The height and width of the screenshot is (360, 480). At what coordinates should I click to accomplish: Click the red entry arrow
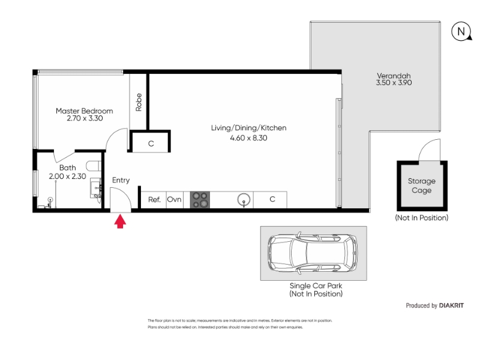120,221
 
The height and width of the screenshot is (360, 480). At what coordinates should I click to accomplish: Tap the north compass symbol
461,31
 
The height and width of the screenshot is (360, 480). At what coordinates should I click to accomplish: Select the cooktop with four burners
200,200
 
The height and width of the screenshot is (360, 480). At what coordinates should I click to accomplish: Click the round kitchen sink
244,200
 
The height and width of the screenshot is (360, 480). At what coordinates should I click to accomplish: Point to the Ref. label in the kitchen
154,200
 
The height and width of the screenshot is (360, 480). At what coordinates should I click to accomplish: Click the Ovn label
174,199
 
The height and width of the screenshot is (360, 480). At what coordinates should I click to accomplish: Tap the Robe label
139,102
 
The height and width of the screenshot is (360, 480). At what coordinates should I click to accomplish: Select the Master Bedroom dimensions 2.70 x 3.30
85,118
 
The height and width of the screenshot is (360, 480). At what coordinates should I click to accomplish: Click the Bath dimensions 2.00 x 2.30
67,176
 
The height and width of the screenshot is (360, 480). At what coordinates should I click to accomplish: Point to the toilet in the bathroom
94,166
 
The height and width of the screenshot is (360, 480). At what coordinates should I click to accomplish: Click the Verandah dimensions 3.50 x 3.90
394,83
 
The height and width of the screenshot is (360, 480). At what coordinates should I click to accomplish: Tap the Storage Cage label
422,185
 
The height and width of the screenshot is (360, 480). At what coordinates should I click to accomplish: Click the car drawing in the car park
313,253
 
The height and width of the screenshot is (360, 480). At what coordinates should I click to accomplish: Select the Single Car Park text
316,286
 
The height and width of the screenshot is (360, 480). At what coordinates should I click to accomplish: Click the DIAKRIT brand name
451,305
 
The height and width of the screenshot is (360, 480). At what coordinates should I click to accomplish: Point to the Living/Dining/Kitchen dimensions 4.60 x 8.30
248,138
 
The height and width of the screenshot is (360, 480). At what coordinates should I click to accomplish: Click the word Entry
121,181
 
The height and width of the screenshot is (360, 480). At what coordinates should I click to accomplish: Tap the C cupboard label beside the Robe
151,143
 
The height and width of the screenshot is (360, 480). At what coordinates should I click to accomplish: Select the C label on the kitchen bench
272,199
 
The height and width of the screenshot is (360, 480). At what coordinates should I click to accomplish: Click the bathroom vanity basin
96,188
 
